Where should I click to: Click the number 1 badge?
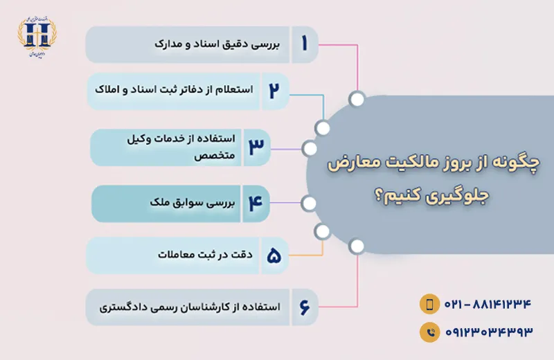tap(303, 44)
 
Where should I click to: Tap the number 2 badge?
tap(274, 91)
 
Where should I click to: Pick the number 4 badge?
tap(255, 204)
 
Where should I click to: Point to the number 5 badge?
tap(274, 256)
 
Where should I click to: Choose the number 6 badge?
tap(303, 306)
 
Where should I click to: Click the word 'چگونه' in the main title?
tap(520, 164)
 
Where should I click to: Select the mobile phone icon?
tap(429, 304)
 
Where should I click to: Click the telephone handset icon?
tap(429, 332)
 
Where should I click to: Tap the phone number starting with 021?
tap(488, 304)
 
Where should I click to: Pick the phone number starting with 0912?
tap(488, 332)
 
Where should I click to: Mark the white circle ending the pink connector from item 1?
tap(357, 99)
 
